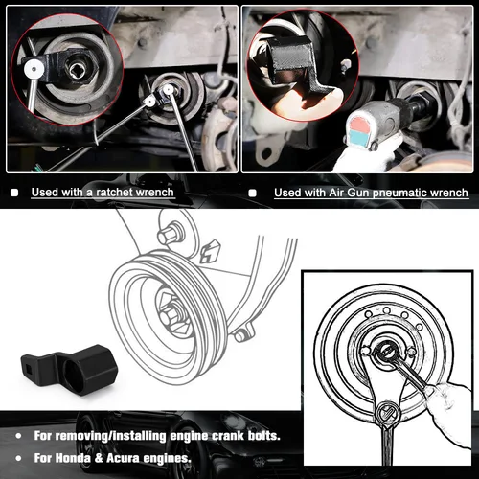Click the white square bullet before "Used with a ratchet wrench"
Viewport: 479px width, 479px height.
coord(13,193)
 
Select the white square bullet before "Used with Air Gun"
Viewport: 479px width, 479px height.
coord(253,193)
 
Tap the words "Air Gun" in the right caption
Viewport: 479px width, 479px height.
coord(328,193)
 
